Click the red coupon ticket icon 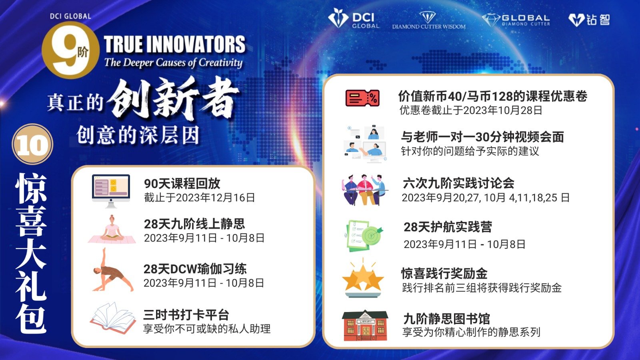(x=362, y=98)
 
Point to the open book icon (x=113, y=318)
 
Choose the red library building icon (x=365, y=326)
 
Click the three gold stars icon (x=363, y=278)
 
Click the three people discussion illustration (x=364, y=190)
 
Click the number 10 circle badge (x=32, y=144)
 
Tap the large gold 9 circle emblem (x=70, y=50)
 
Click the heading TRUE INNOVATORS (x=174, y=44)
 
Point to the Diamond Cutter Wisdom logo (x=428, y=20)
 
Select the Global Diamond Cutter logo (x=516, y=20)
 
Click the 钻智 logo (x=589, y=20)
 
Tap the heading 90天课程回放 (x=182, y=184)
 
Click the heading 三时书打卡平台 (x=186, y=315)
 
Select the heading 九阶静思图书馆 (x=446, y=318)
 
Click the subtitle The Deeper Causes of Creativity (x=174, y=62)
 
